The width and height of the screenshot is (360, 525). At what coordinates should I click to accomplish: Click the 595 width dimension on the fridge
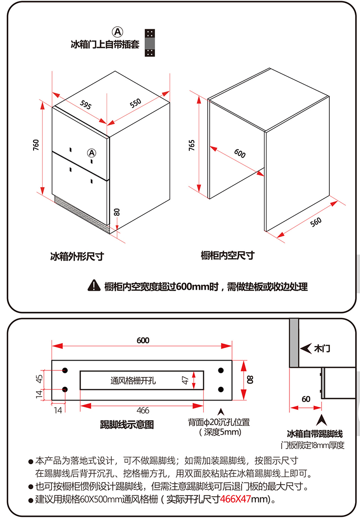[86, 105]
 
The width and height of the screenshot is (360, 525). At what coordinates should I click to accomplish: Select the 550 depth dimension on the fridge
[135, 103]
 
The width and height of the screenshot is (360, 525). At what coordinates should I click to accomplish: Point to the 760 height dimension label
[36, 145]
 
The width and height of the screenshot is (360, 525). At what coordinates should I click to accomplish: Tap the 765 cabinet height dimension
[192, 145]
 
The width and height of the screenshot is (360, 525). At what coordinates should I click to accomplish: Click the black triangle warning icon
[94, 286]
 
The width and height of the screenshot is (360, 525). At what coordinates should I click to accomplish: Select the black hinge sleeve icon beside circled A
[150, 43]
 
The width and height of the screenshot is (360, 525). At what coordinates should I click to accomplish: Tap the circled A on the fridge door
[91, 153]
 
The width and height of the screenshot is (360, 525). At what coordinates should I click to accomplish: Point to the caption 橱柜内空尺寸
[228, 255]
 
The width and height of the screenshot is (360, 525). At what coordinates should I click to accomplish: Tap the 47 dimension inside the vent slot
[185, 380]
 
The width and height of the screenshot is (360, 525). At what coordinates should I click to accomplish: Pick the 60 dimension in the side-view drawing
[306, 399]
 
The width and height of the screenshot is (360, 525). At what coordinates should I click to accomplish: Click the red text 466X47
[235, 499]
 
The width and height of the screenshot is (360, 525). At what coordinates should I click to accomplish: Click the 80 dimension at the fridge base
[116, 212]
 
